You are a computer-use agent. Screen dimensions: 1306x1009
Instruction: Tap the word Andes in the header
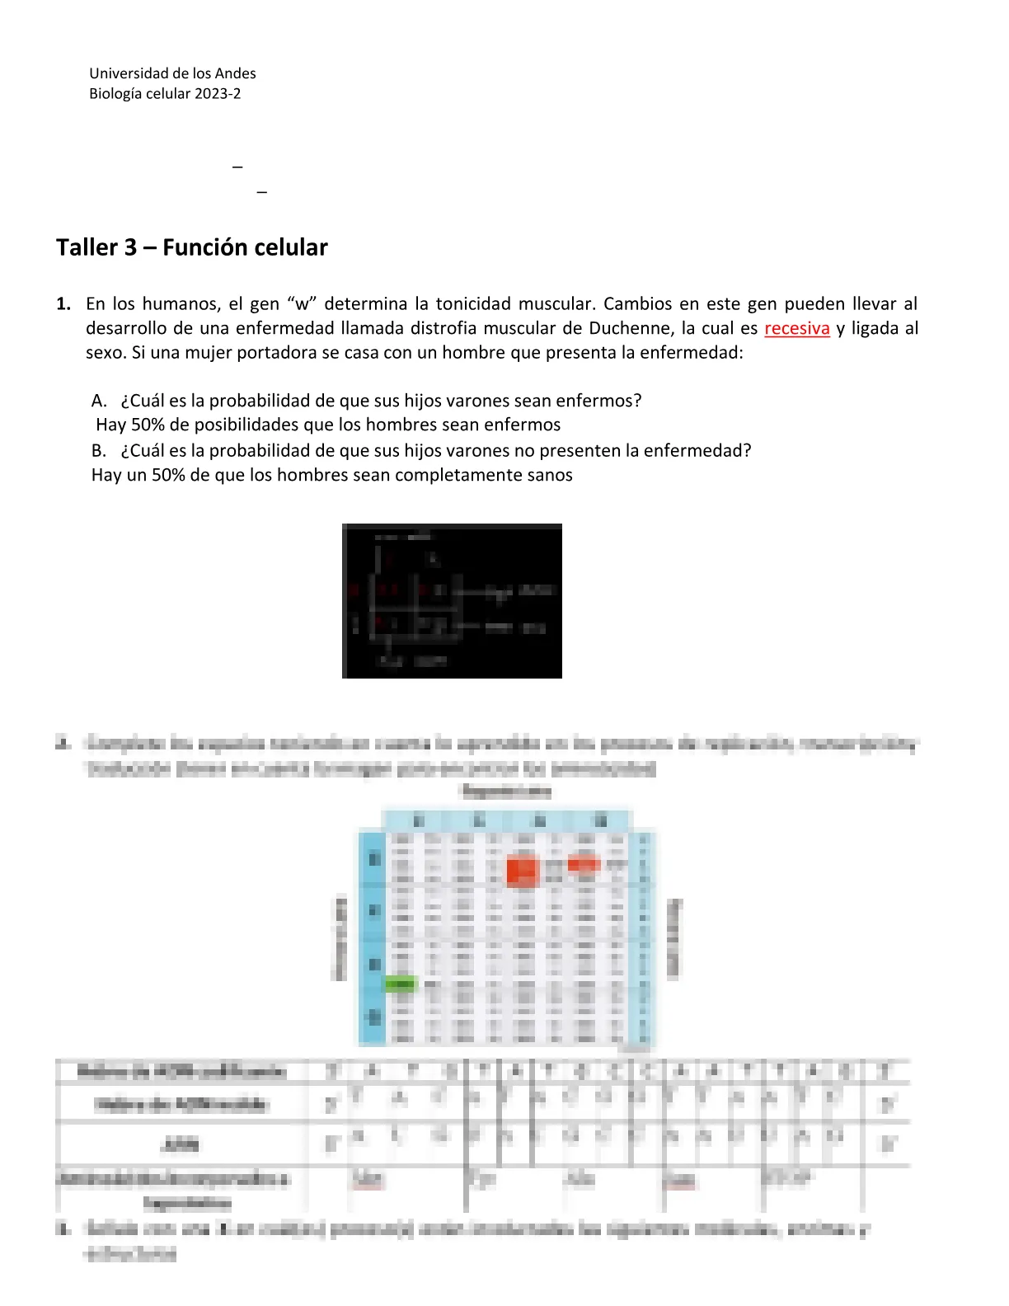235,73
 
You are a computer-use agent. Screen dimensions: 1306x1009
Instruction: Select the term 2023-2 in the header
218,93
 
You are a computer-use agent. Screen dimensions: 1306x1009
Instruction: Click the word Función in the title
203,247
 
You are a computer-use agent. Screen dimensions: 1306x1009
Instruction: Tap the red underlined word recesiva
796,328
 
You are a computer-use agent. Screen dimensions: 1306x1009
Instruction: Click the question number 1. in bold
63,303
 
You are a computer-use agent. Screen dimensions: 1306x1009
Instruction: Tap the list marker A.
99,401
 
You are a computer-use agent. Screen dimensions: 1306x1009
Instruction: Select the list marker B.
99,451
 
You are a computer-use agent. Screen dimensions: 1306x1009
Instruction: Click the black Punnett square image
452,600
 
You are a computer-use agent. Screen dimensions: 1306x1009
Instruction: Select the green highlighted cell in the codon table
401,984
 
